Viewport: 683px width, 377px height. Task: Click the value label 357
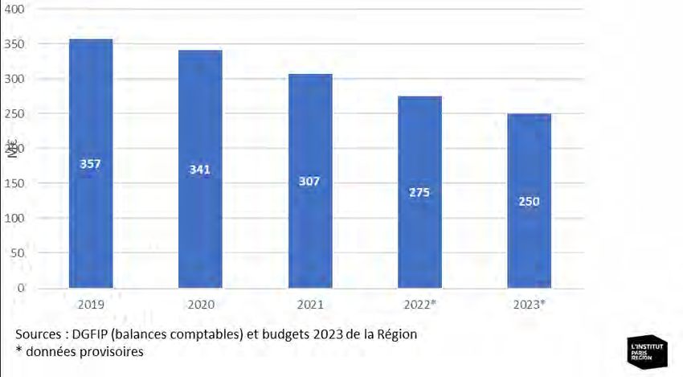pos(91,164)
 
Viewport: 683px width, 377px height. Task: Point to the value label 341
pos(200,170)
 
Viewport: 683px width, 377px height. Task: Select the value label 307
pos(310,182)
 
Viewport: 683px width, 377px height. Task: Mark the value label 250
pos(529,201)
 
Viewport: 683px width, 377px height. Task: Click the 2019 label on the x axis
pos(91,305)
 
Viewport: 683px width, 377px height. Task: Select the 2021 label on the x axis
pos(310,305)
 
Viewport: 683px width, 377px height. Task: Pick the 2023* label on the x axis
pos(529,305)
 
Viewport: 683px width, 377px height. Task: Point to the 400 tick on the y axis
pos(17,10)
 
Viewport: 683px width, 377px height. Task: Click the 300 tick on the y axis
pos(17,79)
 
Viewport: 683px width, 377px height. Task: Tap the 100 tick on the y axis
pos(17,218)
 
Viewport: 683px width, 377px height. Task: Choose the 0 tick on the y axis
pos(22,287)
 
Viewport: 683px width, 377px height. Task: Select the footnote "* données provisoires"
pos(79,351)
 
